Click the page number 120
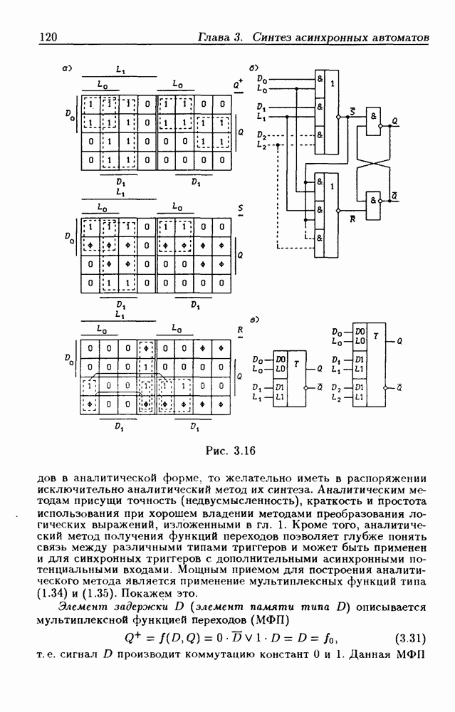coord(47,36)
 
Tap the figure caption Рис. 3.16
coord(230,450)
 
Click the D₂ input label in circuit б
coord(262,135)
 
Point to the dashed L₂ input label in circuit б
coord(262,145)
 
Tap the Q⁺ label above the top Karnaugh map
coord(238,83)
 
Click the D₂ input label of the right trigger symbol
coord(337,387)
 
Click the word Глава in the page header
coord(214,36)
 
